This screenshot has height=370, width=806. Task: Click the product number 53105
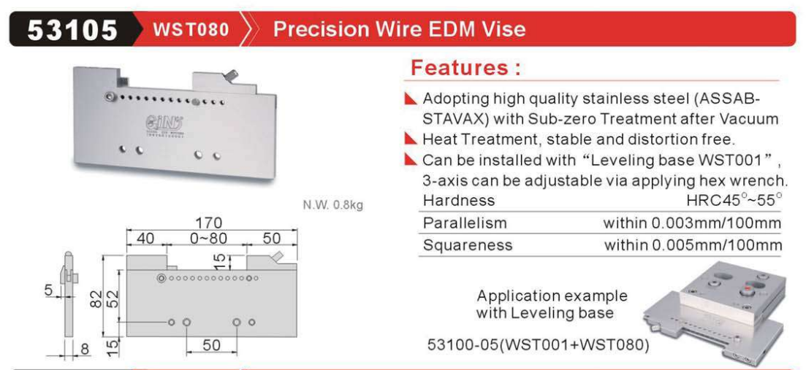click(x=72, y=30)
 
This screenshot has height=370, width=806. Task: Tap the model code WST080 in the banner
click(x=191, y=29)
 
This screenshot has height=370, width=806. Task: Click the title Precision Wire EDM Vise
click(x=400, y=29)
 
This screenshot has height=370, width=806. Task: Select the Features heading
click(x=465, y=69)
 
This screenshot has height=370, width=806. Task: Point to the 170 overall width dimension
click(x=211, y=223)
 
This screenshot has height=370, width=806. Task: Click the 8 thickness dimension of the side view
click(x=85, y=349)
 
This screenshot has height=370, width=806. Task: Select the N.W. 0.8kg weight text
click(x=333, y=206)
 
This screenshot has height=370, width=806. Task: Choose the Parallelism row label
click(x=465, y=223)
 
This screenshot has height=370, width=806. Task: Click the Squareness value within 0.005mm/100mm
click(x=693, y=244)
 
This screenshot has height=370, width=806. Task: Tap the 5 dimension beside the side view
click(x=49, y=290)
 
